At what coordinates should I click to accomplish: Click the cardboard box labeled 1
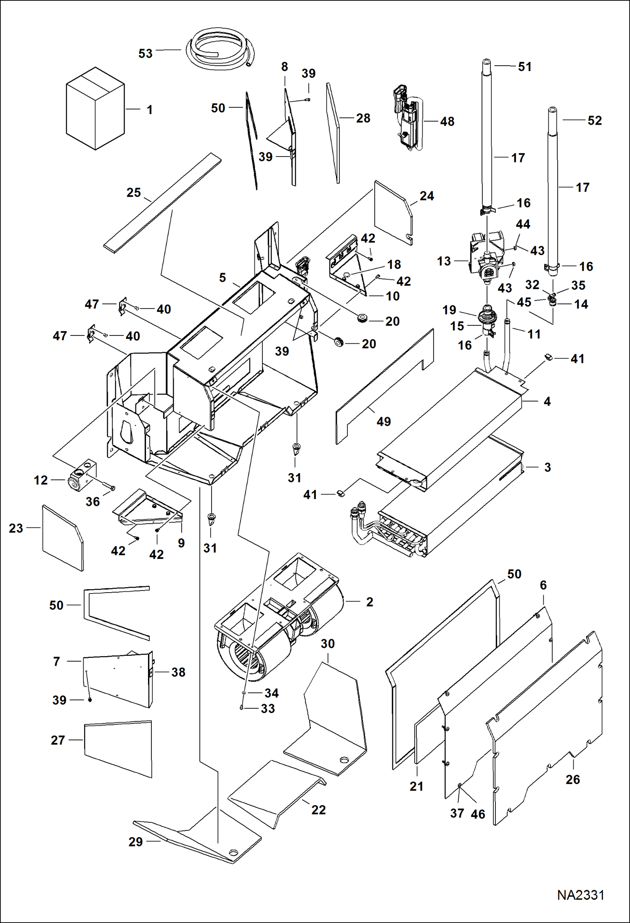point(95,109)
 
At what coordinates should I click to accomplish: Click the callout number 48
point(447,122)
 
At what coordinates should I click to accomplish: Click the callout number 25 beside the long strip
point(134,193)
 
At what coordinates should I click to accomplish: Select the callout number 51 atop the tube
point(524,67)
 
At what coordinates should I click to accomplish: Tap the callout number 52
point(594,120)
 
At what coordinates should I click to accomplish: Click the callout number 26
point(572,779)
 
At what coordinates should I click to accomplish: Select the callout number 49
point(383,421)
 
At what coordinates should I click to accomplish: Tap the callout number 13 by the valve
point(444,261)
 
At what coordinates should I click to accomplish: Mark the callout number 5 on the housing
point(222,278)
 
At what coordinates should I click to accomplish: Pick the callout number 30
point(327,644)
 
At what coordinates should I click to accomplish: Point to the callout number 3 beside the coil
point(547,467)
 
